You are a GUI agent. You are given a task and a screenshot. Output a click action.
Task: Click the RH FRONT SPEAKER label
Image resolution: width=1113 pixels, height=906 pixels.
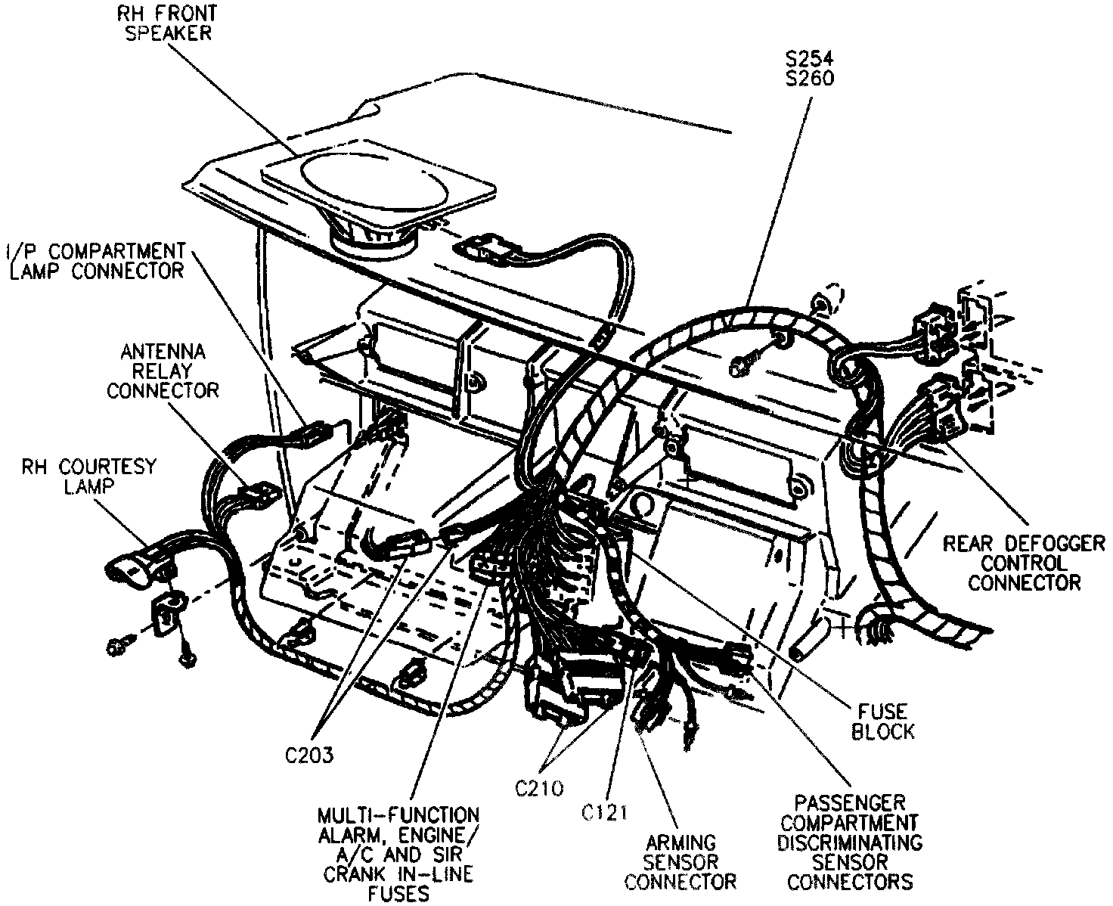(164, 23)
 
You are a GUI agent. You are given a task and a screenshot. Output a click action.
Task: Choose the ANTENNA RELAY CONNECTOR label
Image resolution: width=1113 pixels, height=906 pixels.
(163, 371)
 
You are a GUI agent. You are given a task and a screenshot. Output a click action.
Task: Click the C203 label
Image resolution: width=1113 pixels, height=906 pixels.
(308, 755)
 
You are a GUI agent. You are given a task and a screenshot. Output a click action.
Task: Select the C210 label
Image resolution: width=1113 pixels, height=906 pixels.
(539, 788)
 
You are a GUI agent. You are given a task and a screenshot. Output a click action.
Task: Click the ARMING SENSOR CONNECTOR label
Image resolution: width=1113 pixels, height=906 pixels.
(681, 861)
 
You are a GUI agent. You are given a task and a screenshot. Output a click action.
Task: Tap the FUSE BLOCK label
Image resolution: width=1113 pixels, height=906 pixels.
(882, 721)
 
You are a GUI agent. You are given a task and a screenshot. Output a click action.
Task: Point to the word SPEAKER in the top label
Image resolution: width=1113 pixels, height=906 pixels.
(164, 33)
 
